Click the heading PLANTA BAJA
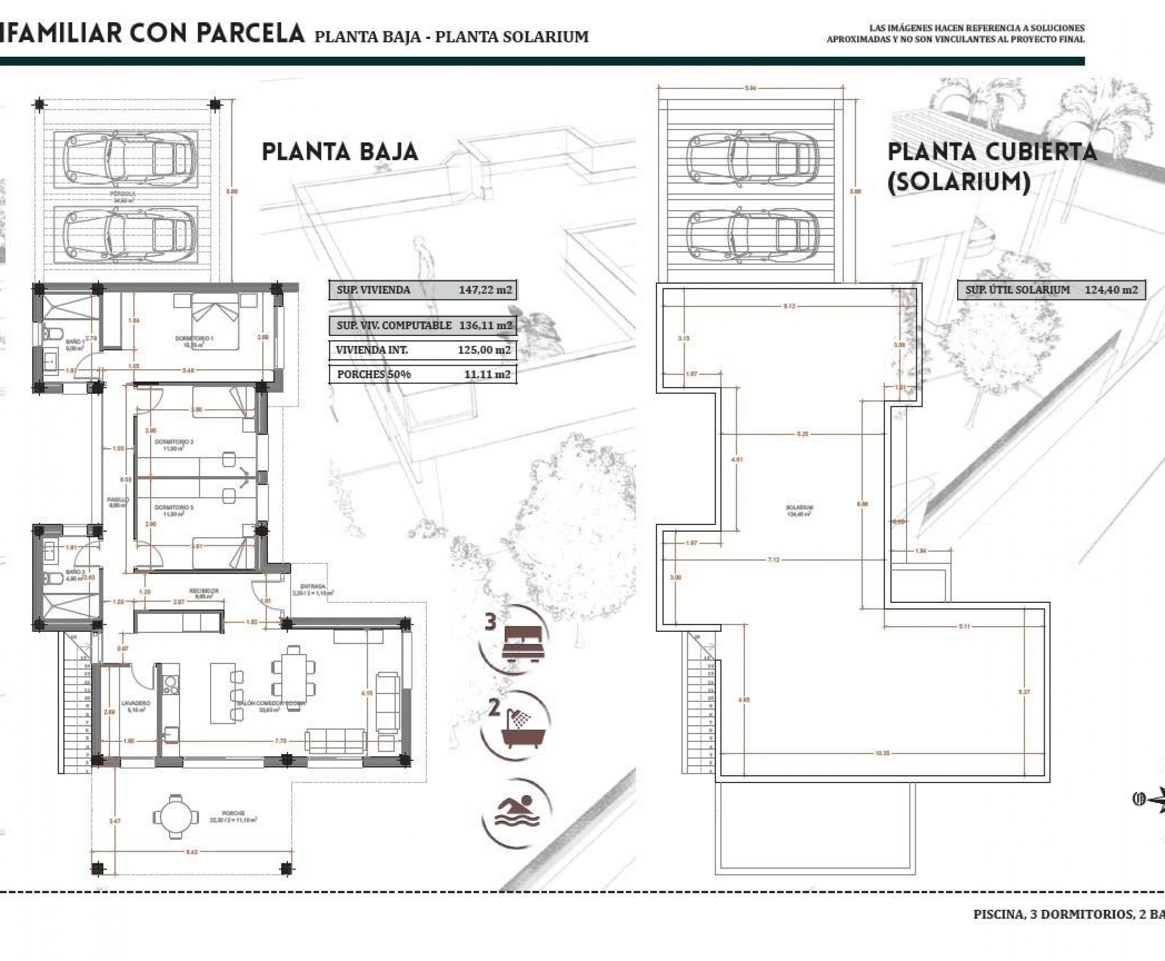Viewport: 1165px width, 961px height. click(339, 152)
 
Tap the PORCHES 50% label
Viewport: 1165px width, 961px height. click(374, 374)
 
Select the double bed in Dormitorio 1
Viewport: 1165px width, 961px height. click(215, 321)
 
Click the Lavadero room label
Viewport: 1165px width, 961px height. click(136, 704)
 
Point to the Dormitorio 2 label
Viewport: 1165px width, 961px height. click(173, 442)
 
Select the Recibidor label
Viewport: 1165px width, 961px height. click(204, 591)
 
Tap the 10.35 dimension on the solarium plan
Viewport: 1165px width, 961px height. click(883, 754)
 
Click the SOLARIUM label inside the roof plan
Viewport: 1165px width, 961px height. click(798, 508)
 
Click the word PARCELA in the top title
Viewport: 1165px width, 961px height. click(250, 33)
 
